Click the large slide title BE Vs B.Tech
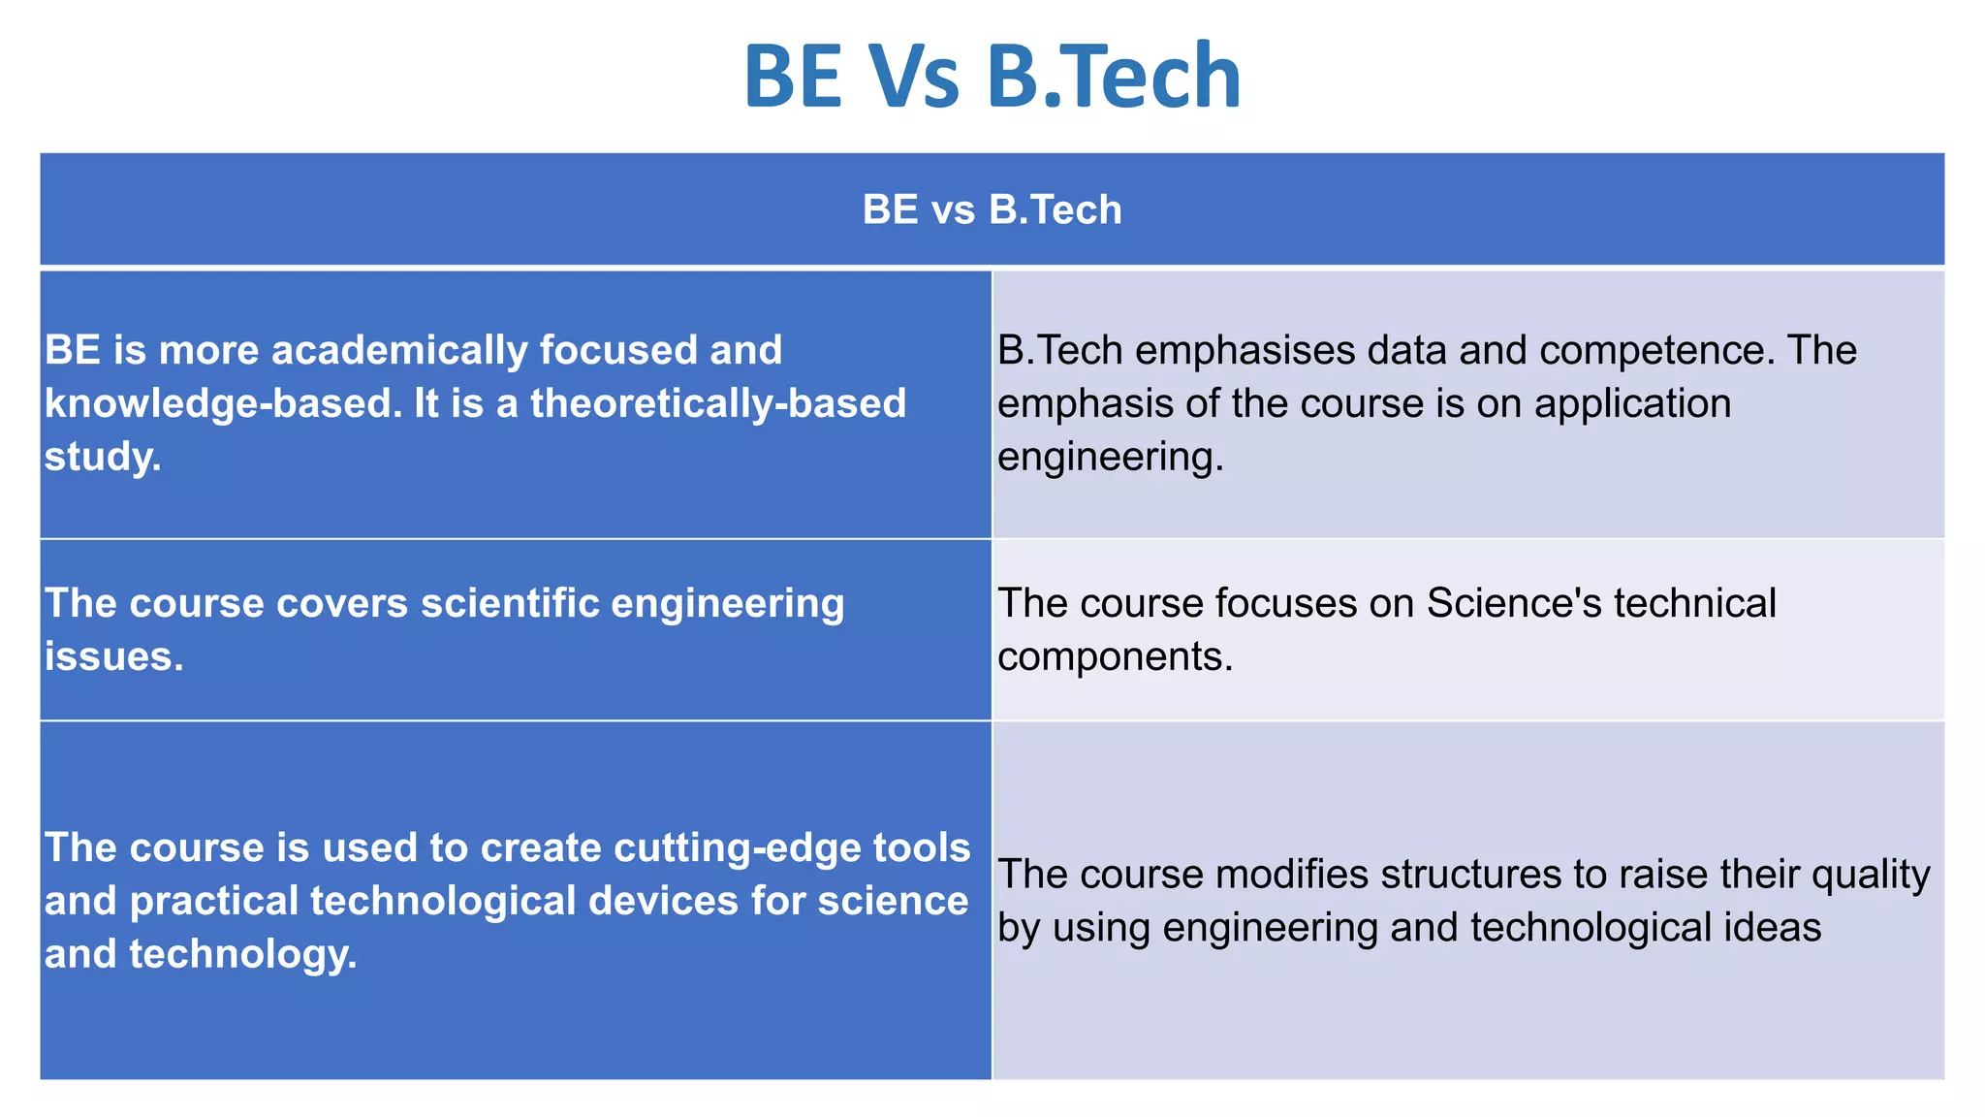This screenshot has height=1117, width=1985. point(992,76)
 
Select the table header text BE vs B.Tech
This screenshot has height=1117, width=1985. point(992,209)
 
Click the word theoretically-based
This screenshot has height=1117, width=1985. point(718,403)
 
